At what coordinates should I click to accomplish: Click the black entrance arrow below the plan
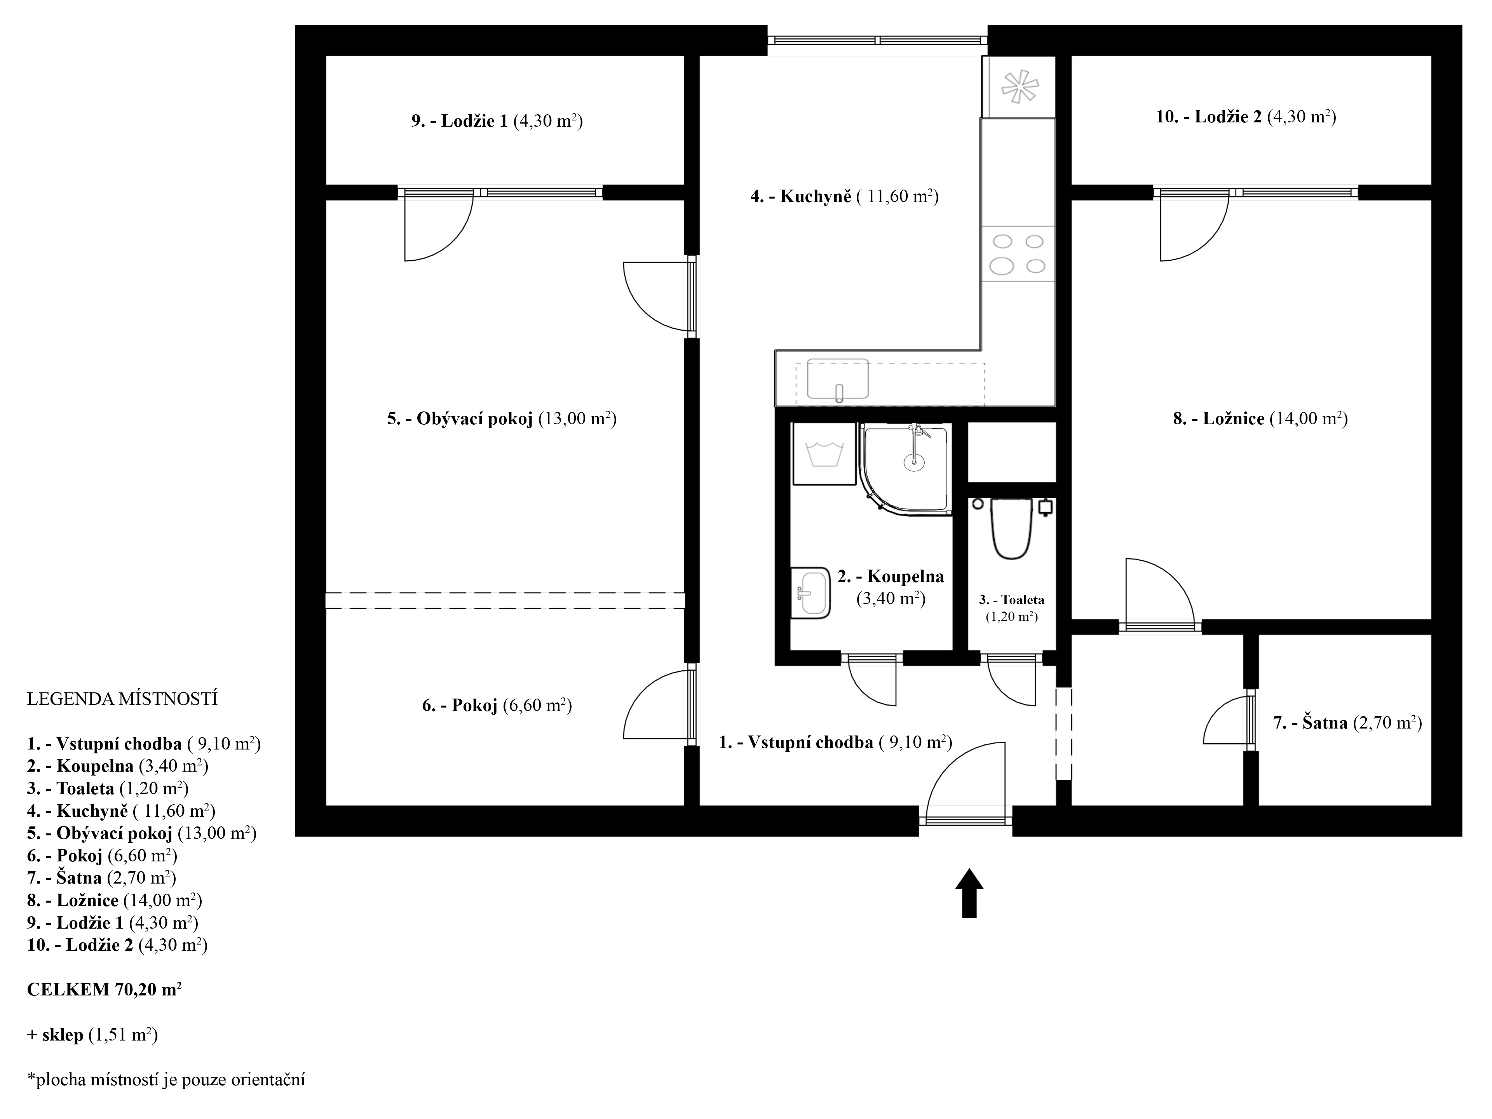pos(969,892)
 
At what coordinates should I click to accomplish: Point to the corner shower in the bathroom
pos(906,470)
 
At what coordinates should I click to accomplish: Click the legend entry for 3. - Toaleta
pos(107,788)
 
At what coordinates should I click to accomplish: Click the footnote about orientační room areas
pos(166,1080)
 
